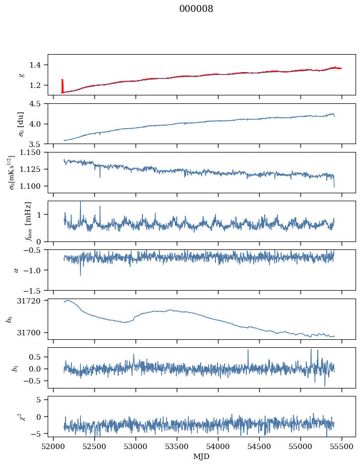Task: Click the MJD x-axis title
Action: pos(201,457)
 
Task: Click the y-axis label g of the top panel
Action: pos(21,75)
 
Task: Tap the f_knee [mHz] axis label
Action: pos(28,221)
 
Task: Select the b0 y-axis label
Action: pos(8,318)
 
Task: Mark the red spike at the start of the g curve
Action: pos(62,84)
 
